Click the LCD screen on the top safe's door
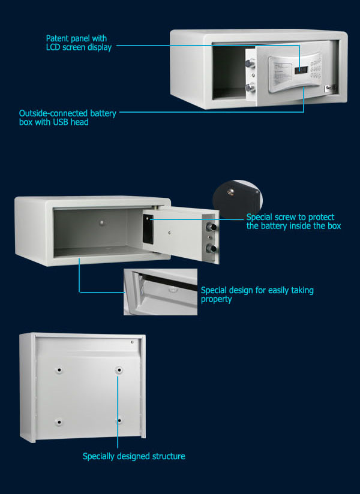click(x=301, y=70)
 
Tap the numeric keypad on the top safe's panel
click(x=316, y=68)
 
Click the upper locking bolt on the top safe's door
click(x=250, y=64)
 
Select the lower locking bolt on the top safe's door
click(x=250, y=87)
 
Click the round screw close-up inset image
click(x=238, y=198)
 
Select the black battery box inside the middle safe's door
click(x=148, y=229)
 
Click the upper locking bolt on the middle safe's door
click(x=211, y=227)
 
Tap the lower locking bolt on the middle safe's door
click(x=211, y=248)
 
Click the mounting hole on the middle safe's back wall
click(x=101, y=222)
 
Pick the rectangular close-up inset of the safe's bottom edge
click(x=160, y=292)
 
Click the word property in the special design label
click(x=216, y=299)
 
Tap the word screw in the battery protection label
click(x=286, y=217)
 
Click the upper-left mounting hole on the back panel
click(x=59, y=369)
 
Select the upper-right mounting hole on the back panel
click(x=119, y=369)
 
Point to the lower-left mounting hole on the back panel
click(x=59, y=422)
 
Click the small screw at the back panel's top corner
click(x=133, y=342)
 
